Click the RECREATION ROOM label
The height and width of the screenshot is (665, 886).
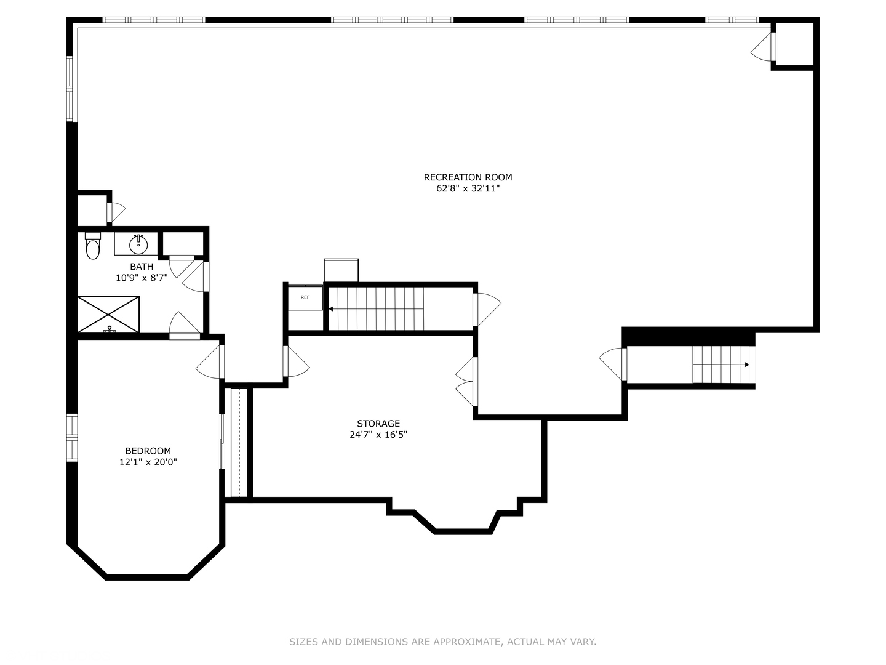click(x=468, y=177)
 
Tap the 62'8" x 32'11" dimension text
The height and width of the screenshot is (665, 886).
click(x=468, y=189)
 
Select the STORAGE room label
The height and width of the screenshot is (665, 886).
click(x=378, y=424)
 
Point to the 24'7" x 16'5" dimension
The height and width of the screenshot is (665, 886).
click(x=378, y=435)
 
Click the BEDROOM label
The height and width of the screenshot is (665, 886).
click(x=148, y=451)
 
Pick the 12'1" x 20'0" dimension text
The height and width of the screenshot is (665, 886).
click(x=148, y=462)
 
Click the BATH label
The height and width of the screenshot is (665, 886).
click(x=142, y=267)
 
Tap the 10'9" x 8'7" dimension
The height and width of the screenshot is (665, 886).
click(x=142, y=278)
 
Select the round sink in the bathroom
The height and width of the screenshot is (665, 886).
click(x=138, y=244)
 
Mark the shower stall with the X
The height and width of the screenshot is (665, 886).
click(x=108, y=315)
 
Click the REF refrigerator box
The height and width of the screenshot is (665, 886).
click(x=305, y=297)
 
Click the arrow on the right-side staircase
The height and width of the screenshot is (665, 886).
click(x=746, y=365)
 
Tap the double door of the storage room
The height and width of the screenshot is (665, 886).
click(x=466, y=382)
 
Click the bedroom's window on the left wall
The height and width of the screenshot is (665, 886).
click(x=72, y=438)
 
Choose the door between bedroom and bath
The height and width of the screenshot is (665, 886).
click(x=185, y=326)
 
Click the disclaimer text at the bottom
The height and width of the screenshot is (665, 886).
click(x=442, y=642)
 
